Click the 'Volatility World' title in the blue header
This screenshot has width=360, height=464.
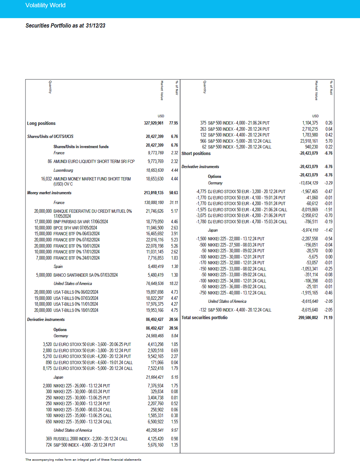pyautogui.click(x=45, y=5)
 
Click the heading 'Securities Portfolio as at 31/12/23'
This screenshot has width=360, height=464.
pyautogui.click(x=65, y=26)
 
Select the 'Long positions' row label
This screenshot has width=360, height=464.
pyautogui.click(x=41, y=123)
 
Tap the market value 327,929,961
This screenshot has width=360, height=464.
pyautogui.click(x=154, y=123)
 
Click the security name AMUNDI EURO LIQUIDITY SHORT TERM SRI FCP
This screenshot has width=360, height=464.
pyautogui.click(x=94, y=162)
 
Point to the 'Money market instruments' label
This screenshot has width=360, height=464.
pyautogui.click(x=49, y=193)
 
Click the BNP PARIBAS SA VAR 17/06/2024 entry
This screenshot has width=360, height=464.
pyautogui.click(x=81, y=222)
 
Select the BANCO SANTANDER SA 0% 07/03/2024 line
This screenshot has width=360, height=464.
pyautogui.click(x=85, y=275)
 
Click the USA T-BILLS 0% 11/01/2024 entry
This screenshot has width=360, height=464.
pyautogui.click(x=76, y=304)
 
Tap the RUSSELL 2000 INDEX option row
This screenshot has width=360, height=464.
pyautogui.click(x=90, y=439)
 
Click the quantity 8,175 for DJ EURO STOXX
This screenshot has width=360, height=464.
pyautogui.click(x=47, y=369)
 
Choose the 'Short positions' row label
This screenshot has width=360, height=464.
pyautogui.click(x=196, y=154)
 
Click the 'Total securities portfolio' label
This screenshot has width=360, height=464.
pyautogui.click(x=205, y=318)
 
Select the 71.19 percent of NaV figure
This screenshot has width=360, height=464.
pyautogui.click(x=328, y=318)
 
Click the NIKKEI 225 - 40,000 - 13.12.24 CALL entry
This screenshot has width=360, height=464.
pyautogui.click(x=237, y=293)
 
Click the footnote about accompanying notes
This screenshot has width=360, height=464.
pyautogui.click(x=83, y=460)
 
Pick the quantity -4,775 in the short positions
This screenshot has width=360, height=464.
pyautogui.click(x=201, y=192)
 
